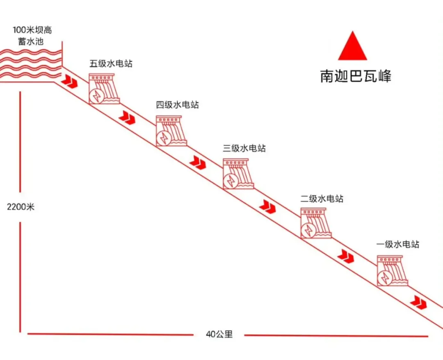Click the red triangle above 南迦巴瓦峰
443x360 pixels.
click(x=352, y=46)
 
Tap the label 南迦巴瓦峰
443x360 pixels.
click(x=356, y=76)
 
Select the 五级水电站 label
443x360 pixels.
click(x=111, y=63)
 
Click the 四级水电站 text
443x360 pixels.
click(x=178, y=105)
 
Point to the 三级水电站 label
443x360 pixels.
click(x=244, y=148)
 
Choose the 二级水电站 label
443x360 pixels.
click(x=322, y=199)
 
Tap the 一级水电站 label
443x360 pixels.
click(x=398, y=244)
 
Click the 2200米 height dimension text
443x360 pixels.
click(x=21, y=207)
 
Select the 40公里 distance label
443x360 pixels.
click(x=219, y=334)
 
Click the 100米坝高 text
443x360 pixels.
click(x=32, y=30)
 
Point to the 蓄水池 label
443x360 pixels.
click(x=31, y=41)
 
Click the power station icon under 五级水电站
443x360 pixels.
click(x=104, y=89)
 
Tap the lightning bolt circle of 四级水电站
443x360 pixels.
click(x=164, y=138)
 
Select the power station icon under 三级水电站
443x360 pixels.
click(x=238, y=174)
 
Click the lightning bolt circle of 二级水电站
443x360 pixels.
click(x=308, y=230)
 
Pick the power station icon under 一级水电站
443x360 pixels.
click(x=393, y=271)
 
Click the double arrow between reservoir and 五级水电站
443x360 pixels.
click(x=69, y=81)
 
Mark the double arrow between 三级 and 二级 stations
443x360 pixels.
click(x=267, y=206)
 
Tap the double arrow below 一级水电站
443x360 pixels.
click(x=418, y=302)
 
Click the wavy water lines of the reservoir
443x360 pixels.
click(x=31, y=64)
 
